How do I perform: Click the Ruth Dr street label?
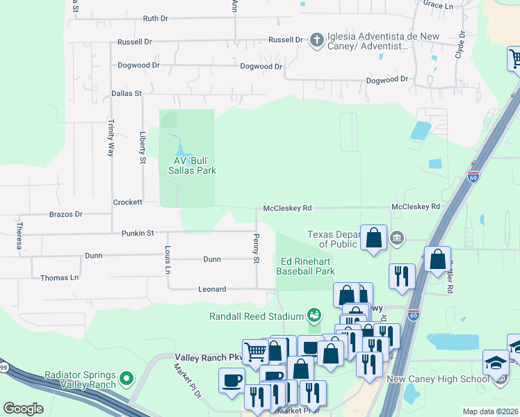tap(155, 19)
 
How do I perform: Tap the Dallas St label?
tap(126, 92)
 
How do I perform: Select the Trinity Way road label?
tap(110, 137)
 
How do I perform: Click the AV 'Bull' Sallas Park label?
tap(190, 165)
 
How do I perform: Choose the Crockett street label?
tap(127, 202)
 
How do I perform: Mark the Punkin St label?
tap(137, 234)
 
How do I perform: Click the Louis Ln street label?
tap(168, 259)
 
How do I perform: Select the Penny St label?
tap(256, 248)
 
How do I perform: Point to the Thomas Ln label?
tap(59, 277)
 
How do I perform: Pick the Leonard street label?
tap(212, 288)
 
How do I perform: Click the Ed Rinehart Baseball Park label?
tap(305, 266)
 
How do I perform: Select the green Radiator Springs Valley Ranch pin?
tap(126, 379)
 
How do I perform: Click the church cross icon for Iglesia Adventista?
tap(316, 40)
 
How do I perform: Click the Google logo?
tap(23, 409)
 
